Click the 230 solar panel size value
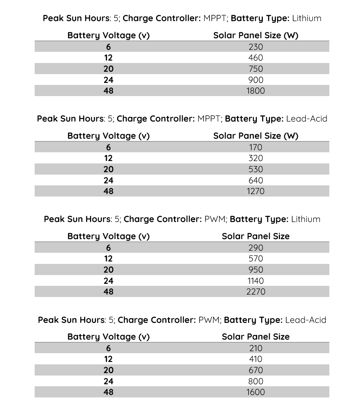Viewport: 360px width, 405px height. coord(255,47)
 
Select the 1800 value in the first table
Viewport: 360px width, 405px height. coord(255,91)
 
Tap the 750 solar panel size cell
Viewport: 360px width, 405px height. coord(255,69)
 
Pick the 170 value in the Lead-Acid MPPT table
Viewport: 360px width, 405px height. coord(255,147)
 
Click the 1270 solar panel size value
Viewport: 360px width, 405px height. coord(255,191)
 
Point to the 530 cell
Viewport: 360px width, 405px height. coord(255,169)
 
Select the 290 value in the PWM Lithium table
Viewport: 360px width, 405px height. coord(255,248)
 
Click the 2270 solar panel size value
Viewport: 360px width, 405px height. coord(255,292)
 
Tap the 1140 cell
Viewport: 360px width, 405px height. coord(255,281)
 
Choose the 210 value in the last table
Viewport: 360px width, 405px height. coord(255,348)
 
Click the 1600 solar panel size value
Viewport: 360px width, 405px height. coord(255,392)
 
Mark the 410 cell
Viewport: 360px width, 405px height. coord(255,359)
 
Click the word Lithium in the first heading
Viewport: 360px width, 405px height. coord(306,18)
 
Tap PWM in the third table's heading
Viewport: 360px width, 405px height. coord(214,219)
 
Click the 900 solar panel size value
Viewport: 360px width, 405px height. coord(255,80)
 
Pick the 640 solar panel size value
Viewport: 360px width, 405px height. coord(255,180)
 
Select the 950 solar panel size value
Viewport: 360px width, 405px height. coord(255,270)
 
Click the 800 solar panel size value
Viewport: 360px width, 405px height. coord(255,381)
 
